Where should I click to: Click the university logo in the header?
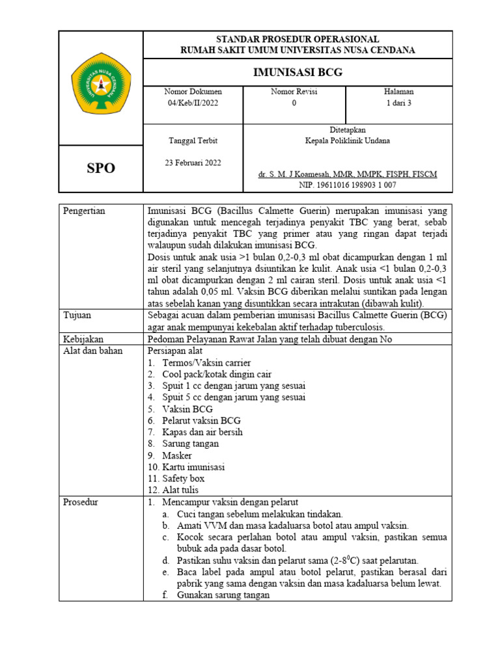pos(101,88)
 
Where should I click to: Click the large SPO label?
pos(101,168)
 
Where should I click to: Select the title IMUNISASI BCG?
pos(298,72)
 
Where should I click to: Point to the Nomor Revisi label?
pos(294,92)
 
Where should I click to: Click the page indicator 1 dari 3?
pos(399,103)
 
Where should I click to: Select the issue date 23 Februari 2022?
pos(193,163)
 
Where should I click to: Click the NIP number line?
pos(348,185)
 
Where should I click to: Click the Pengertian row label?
pos(83,211)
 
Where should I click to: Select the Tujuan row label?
pos(77,315)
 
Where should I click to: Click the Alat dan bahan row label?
pos(88,351)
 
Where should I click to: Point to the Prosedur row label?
pos(80,502)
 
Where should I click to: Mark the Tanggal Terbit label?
pos(193,140)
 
